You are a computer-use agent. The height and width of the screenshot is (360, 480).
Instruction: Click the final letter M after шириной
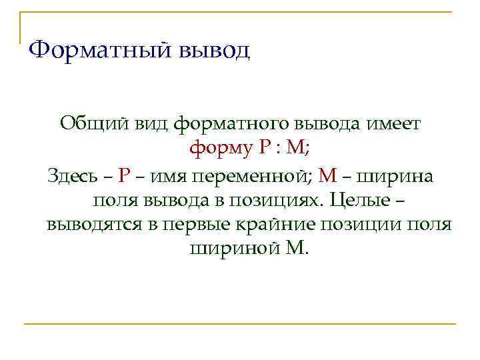pyautogui.click(x=294, y=249)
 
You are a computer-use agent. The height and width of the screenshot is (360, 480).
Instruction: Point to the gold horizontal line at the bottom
pyautogui.click(x=240, y=324)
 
